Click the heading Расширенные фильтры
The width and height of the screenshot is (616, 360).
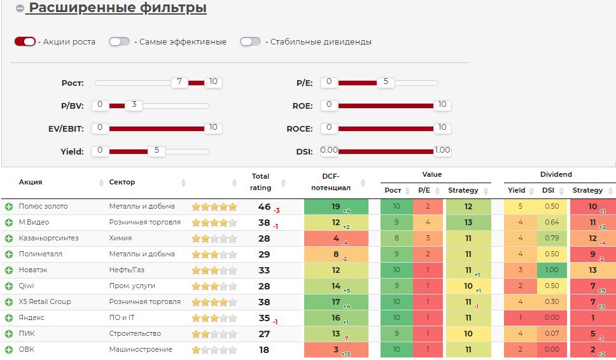(x=118, y=8)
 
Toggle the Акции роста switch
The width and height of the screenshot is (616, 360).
(x=25, y=41)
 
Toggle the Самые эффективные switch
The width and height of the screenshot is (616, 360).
(x=119, y=41)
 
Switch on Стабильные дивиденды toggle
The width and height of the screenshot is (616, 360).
(x=250, y=41)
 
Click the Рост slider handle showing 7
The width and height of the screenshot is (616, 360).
(x=179, y=82)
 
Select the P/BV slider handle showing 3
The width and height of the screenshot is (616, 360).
(x=134, y=105)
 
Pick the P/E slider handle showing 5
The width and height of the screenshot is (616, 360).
(x=386, y=82)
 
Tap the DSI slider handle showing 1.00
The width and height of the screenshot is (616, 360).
(x=442, y=151)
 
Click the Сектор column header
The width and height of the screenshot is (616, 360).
(x=122, y=183)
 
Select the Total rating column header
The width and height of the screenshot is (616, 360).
(x=261, y=182)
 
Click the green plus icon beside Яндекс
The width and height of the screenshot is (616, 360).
(x=9, y=318)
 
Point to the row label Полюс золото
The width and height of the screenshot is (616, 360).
(x=43, y=207)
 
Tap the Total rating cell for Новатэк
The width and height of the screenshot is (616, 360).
(x=265, y=270)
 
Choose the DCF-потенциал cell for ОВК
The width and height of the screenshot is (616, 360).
(x=336, y=350)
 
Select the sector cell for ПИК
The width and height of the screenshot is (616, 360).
(x=135, y=334)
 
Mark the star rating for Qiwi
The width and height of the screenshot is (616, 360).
(x=214, y=286)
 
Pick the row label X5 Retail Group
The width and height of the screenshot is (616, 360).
(x=45, y=302)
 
